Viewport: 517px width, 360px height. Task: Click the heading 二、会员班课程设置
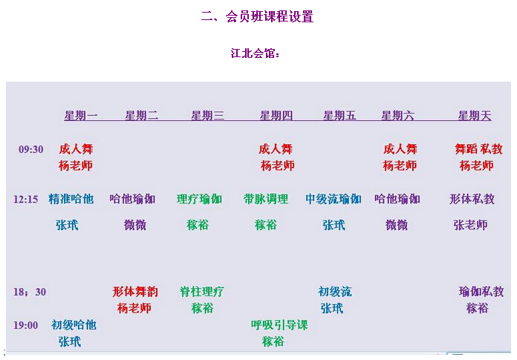tap(257, 17)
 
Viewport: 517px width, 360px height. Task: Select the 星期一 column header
tap(81, 116)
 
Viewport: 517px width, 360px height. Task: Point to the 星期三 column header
tap(208, 116)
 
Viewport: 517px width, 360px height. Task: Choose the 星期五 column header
tap(339, 116)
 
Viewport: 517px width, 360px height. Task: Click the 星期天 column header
tap(475, 116)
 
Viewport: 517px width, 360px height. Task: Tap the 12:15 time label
tap(26, 200)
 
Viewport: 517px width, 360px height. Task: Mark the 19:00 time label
tap(26, 325)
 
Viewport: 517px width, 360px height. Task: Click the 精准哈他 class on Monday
tap(71, 199)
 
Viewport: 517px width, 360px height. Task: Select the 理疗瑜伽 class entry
tap(199, 199)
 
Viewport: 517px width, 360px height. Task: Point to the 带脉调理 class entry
tap(265, 199)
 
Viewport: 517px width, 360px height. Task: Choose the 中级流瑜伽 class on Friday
tap(334, 199)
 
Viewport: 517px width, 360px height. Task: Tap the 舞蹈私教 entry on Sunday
tap(478, 149)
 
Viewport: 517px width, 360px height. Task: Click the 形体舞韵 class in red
tap(134, 292)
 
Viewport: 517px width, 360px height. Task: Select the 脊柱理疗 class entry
tap(202, 292)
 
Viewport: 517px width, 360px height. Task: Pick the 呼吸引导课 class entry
tap(279, 325)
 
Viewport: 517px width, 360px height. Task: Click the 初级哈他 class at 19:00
tap(74, 325)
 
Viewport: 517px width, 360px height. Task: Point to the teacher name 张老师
tap(470, 225)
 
